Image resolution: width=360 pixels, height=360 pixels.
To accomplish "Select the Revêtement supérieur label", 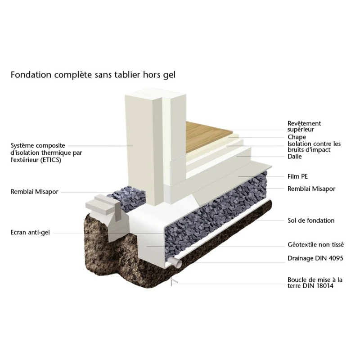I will pos(304,126).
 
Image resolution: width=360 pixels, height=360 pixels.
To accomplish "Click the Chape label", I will pos(297,137).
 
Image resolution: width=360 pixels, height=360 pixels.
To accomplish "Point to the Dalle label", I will pos(295,157).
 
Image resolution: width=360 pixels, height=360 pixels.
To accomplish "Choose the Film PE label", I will pos(297,176).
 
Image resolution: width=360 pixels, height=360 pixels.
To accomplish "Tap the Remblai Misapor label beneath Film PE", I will pos(311,189).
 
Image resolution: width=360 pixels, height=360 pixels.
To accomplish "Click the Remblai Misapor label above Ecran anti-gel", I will pos(34,192).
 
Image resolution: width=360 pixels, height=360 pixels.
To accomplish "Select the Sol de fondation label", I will pos(311,220).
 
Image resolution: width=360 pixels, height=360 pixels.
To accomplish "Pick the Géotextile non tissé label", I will pos(315,245).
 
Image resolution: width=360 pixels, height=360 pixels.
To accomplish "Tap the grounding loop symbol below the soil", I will pos(173,282).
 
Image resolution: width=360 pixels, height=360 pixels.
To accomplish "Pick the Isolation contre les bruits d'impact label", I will pos(314,147).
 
